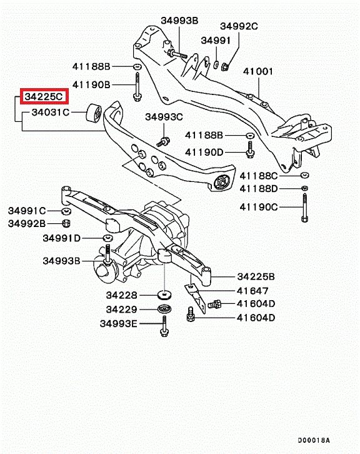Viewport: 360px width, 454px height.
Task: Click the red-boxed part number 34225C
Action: pos(44,96)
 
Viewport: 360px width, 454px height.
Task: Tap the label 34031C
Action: pos(51,112)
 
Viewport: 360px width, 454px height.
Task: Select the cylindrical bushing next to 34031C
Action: pos(94,113)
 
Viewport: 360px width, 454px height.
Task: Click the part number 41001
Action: pos(258,71)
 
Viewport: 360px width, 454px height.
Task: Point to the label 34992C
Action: pos(239,26)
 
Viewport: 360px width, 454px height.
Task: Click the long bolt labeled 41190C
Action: pos(305,208)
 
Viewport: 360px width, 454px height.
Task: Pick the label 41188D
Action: pos(259,189)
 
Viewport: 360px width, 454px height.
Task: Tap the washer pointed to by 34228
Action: pos(164,295)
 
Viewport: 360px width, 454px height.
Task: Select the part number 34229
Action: pos(121,309)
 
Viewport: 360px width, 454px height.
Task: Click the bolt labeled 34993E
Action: pos(164,326)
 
